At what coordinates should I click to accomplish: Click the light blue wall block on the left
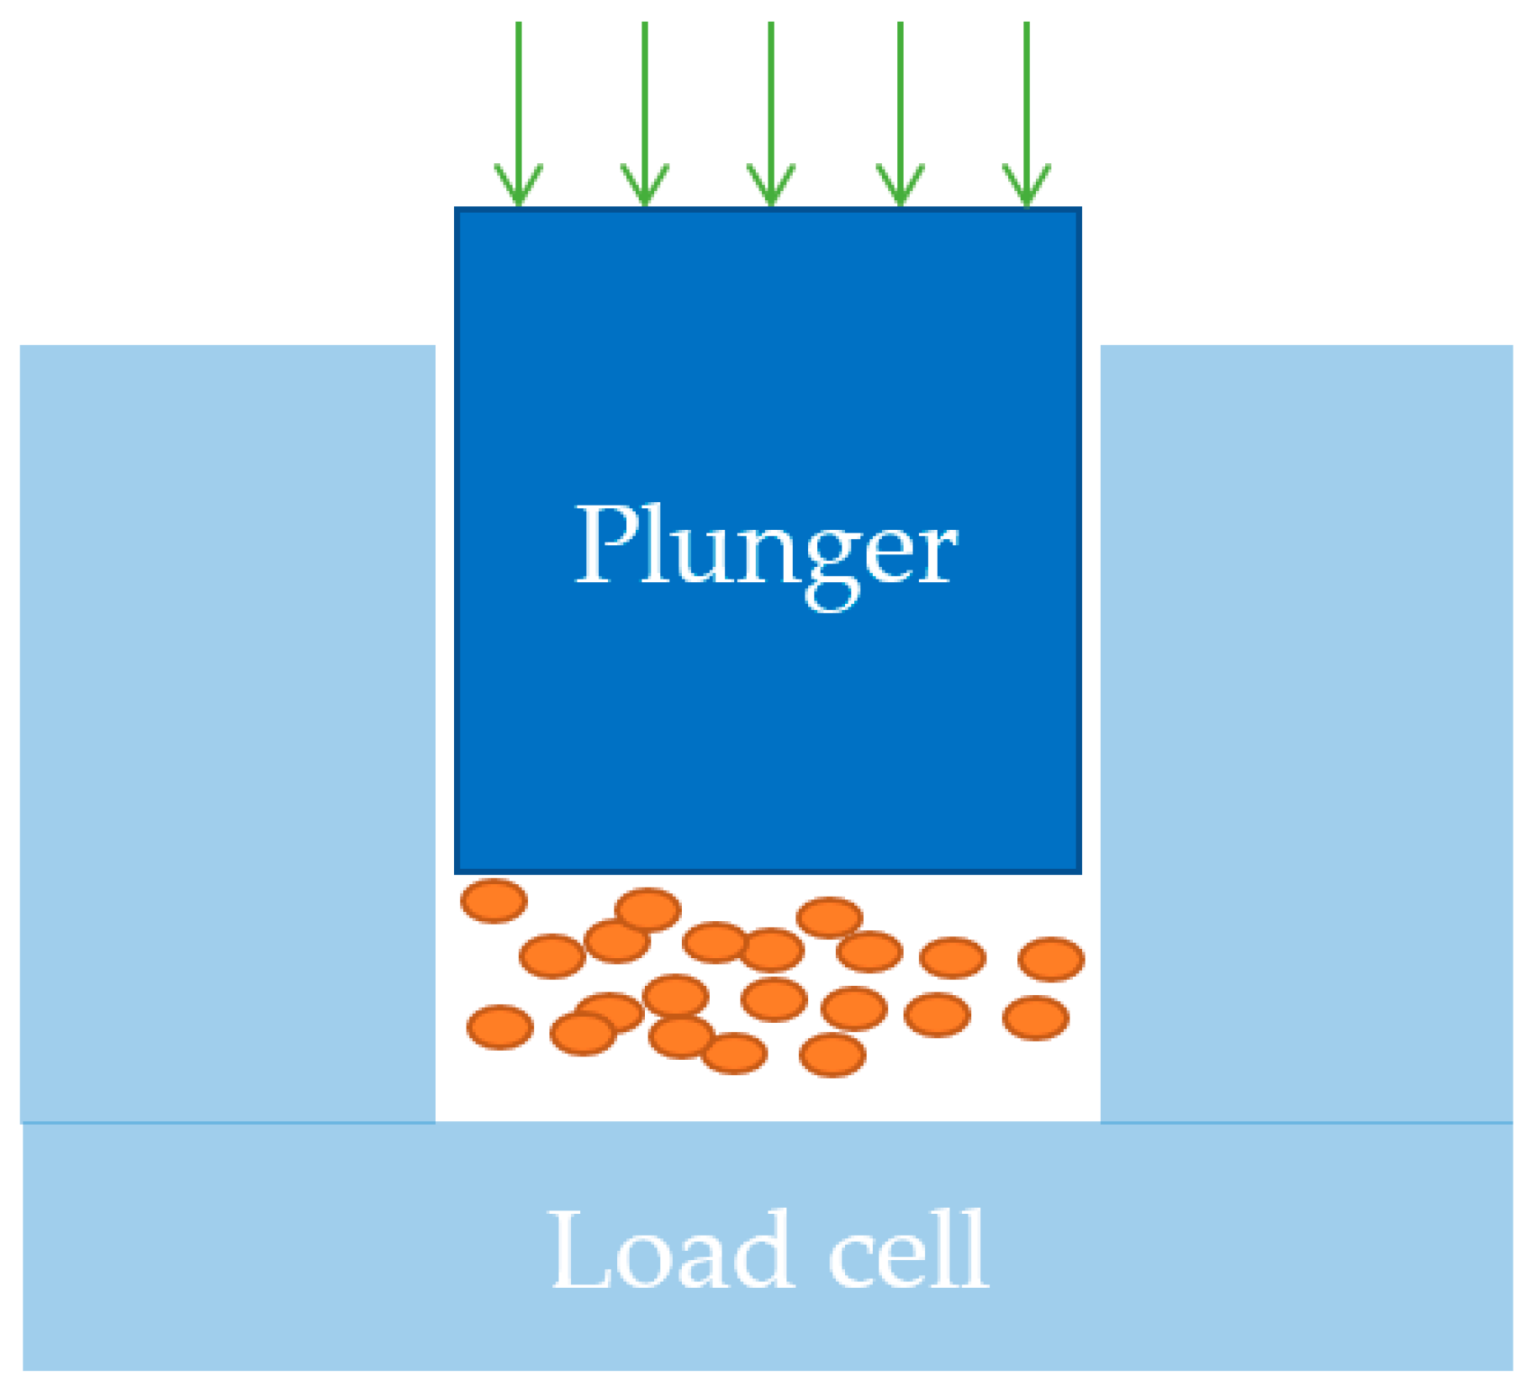[x=227, y=732]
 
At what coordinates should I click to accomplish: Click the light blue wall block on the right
[x=1305, y=732]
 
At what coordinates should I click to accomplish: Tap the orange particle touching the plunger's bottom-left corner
[x=494, y=900]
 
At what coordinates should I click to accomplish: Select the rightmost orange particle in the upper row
[x=1050, y=959]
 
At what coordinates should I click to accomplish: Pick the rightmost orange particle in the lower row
[x=1035, y=1018]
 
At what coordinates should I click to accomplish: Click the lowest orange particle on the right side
[x=832, y=1055]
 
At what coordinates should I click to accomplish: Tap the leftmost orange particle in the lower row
[x=499, y=1027]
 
